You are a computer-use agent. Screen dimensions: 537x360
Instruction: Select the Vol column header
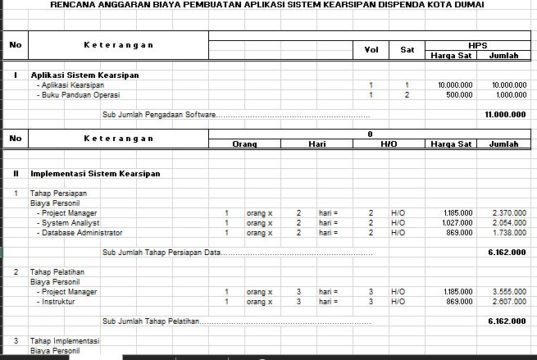tap(370, 49)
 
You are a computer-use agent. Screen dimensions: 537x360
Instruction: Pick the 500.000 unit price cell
tap(455, 95)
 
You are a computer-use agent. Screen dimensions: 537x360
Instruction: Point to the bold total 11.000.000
tap(506, 115)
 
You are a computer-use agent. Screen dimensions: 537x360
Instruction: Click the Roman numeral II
tap(15, 173)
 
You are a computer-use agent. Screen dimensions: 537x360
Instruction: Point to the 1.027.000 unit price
tap(454, 222)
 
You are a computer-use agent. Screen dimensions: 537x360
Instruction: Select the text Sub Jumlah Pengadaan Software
tap(160, 115)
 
